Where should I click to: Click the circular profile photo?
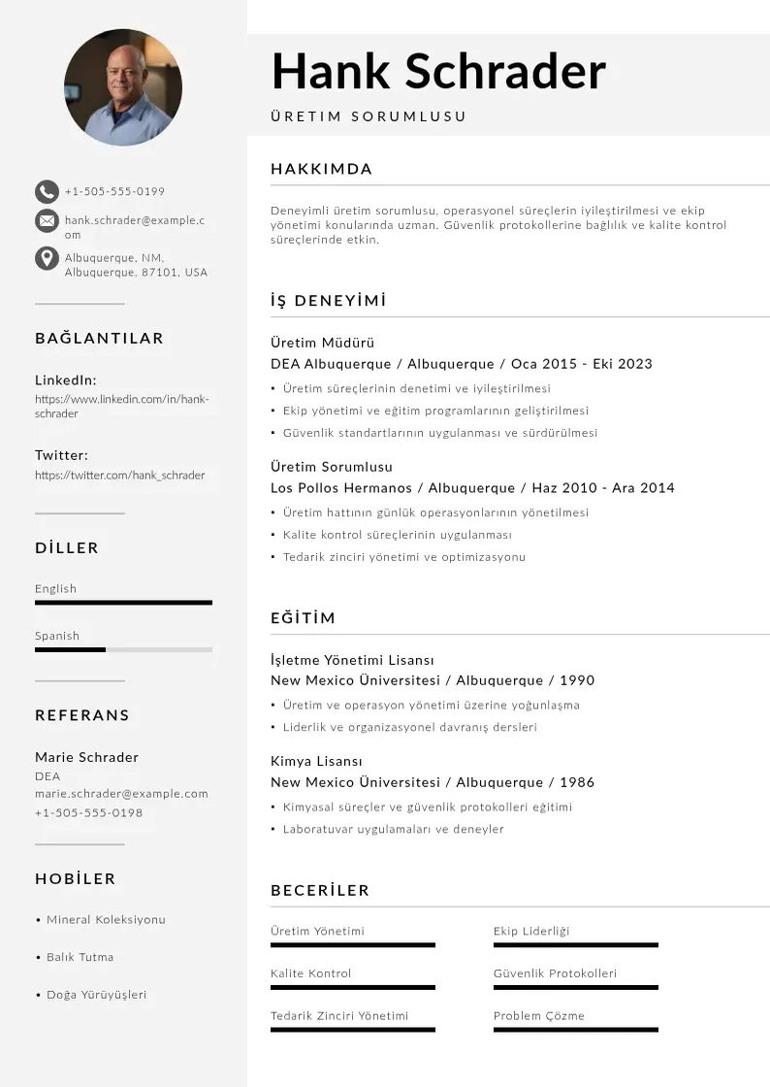(123, 87)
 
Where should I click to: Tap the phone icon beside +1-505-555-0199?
(47, 191)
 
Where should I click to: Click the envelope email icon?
(47, 221)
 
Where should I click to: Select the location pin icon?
(47, 258)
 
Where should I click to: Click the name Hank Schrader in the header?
(438, 71)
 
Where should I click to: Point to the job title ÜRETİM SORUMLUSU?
(369, 116)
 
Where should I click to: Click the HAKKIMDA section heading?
(321, 169)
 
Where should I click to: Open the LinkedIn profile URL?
(122, 406)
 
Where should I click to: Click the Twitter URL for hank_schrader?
(120, 476)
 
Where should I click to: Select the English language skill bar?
(123, 603)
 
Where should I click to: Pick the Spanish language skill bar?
(123, 649)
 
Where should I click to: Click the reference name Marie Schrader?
(86, 757)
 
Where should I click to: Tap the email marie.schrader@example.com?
(121, 794)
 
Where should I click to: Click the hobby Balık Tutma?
(80, 957)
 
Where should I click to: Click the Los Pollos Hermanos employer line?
(472, 488)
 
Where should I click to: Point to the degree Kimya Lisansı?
(316, 761)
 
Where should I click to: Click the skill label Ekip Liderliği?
(531, 932)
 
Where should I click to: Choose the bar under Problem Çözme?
(575, 1030)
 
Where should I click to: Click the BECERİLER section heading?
(320, 890)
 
